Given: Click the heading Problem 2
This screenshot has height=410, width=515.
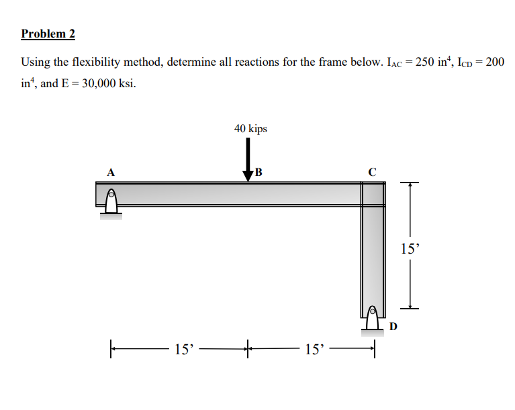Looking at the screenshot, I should click(x=48, y=33).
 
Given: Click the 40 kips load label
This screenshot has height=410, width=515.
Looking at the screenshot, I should click(x=250, y=128).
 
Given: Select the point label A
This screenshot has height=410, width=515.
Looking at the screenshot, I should click(x=112, y=172).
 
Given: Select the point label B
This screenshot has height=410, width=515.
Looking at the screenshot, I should click(x=258, y=172).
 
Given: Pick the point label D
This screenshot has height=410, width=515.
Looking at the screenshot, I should click(x=393, y=327).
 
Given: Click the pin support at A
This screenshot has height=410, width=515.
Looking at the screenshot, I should click(x=112, y=202).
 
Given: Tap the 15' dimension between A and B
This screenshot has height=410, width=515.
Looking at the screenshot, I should click(x=183, y=349).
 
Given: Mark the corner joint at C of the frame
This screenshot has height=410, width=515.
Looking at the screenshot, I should click(x=373, y=195).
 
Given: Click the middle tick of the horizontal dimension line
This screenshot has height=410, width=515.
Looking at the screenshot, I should click(x=248, y=348).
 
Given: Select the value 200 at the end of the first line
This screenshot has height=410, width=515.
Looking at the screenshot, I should click(x=494, y=62).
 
